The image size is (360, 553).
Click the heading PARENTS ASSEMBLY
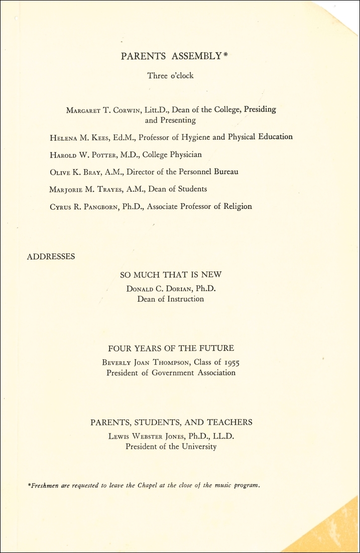point(171,57)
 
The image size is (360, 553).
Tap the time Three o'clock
point(170,76)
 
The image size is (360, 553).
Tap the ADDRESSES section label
point(51,256)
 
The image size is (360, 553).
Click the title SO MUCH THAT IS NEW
point(171,274)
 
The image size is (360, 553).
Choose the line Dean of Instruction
point(171,299)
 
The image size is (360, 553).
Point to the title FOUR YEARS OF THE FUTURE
point(171,348)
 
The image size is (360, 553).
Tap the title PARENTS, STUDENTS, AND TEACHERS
point(171,423)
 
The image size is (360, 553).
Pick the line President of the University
point(171,447)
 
